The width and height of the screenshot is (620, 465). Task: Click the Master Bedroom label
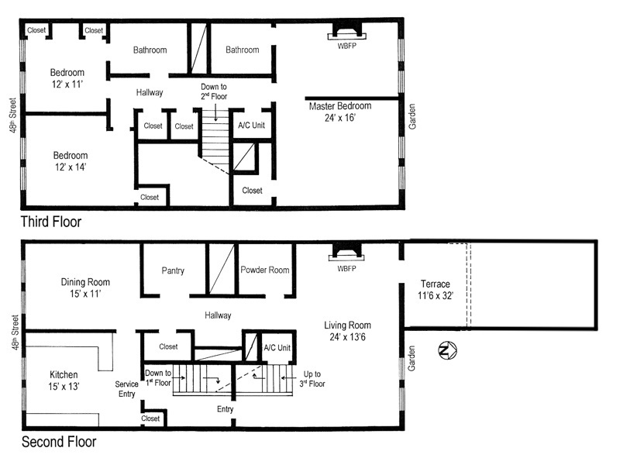(339, 106)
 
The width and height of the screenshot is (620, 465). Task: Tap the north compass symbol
(445, 351)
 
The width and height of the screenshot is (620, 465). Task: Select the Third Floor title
(51, 222)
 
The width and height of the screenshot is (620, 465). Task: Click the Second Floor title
(59, 443)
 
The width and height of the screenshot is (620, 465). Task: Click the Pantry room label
(172, 270)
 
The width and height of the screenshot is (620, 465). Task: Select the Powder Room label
(265, 270)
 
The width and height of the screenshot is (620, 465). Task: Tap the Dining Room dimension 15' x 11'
(85, 294)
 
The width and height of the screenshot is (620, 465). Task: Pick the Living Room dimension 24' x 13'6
(347, 338)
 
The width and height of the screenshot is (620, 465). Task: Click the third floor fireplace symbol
(345, 32)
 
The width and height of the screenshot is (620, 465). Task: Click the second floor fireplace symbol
(345, 252)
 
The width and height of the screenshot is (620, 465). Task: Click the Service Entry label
(126, 389)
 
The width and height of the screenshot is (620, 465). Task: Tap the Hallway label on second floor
(219, 315)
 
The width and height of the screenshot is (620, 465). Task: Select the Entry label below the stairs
(225, 409)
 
